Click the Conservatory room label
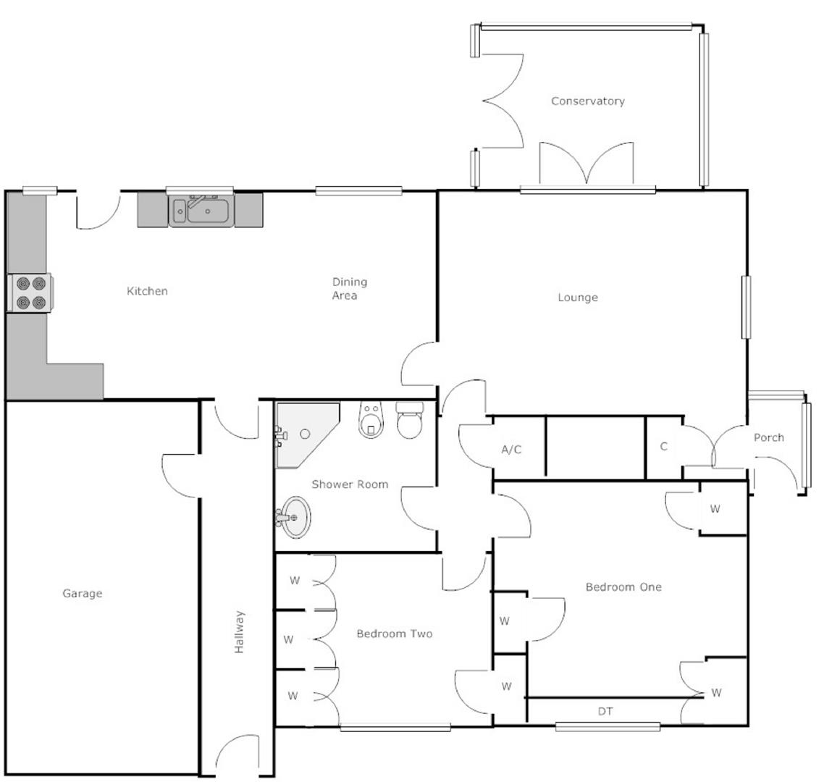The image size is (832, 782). pyautogui.click(x=587, y=101)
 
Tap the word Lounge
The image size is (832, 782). pyautogui.click(x=577, y=297)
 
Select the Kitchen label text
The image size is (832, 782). pyautogui.click(x=147, y=291)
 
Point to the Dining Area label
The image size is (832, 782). pyautogui.click(x=349, y=288)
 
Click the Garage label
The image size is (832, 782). pyautogui.click(x=82, y=593)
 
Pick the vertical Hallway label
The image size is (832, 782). pyautogui.click(x=239, y=632)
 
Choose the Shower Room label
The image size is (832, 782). pyautogui.click(x=350, y=484)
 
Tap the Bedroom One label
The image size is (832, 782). pyautogui.click(x=623, y=586)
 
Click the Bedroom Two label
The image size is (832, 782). pyautogui.click(x=394, y=634)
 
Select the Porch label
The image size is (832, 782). pyautogui.click(x=768, y=437)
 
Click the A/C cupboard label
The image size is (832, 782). pyautogui.click(x=511, y=449)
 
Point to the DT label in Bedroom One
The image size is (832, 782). pyautogui.click(x=605, y=711)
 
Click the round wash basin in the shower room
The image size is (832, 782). pyautogui.click(x=295, y=517)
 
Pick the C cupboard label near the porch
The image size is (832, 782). pyautogui.click(x=663, y=446)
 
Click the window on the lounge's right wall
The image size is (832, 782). pyautogui.click(x=746, y=306)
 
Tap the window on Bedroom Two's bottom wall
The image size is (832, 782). pyautogui.click(x=395, y=727)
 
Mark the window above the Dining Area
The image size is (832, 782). pyautogui.click(x=358, y=191)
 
